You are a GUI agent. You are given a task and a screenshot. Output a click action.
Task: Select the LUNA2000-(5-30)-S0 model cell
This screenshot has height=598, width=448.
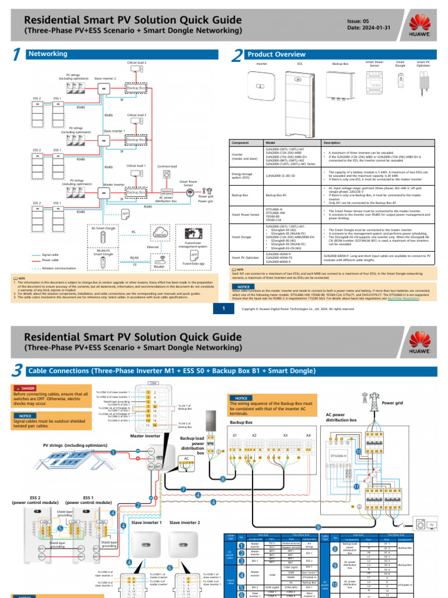click(x=280, y=175)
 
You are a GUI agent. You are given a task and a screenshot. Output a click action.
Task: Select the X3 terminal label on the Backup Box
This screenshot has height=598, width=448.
click(x=285, y=434)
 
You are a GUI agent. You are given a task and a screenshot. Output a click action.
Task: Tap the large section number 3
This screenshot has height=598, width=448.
click(x=18, y=371)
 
